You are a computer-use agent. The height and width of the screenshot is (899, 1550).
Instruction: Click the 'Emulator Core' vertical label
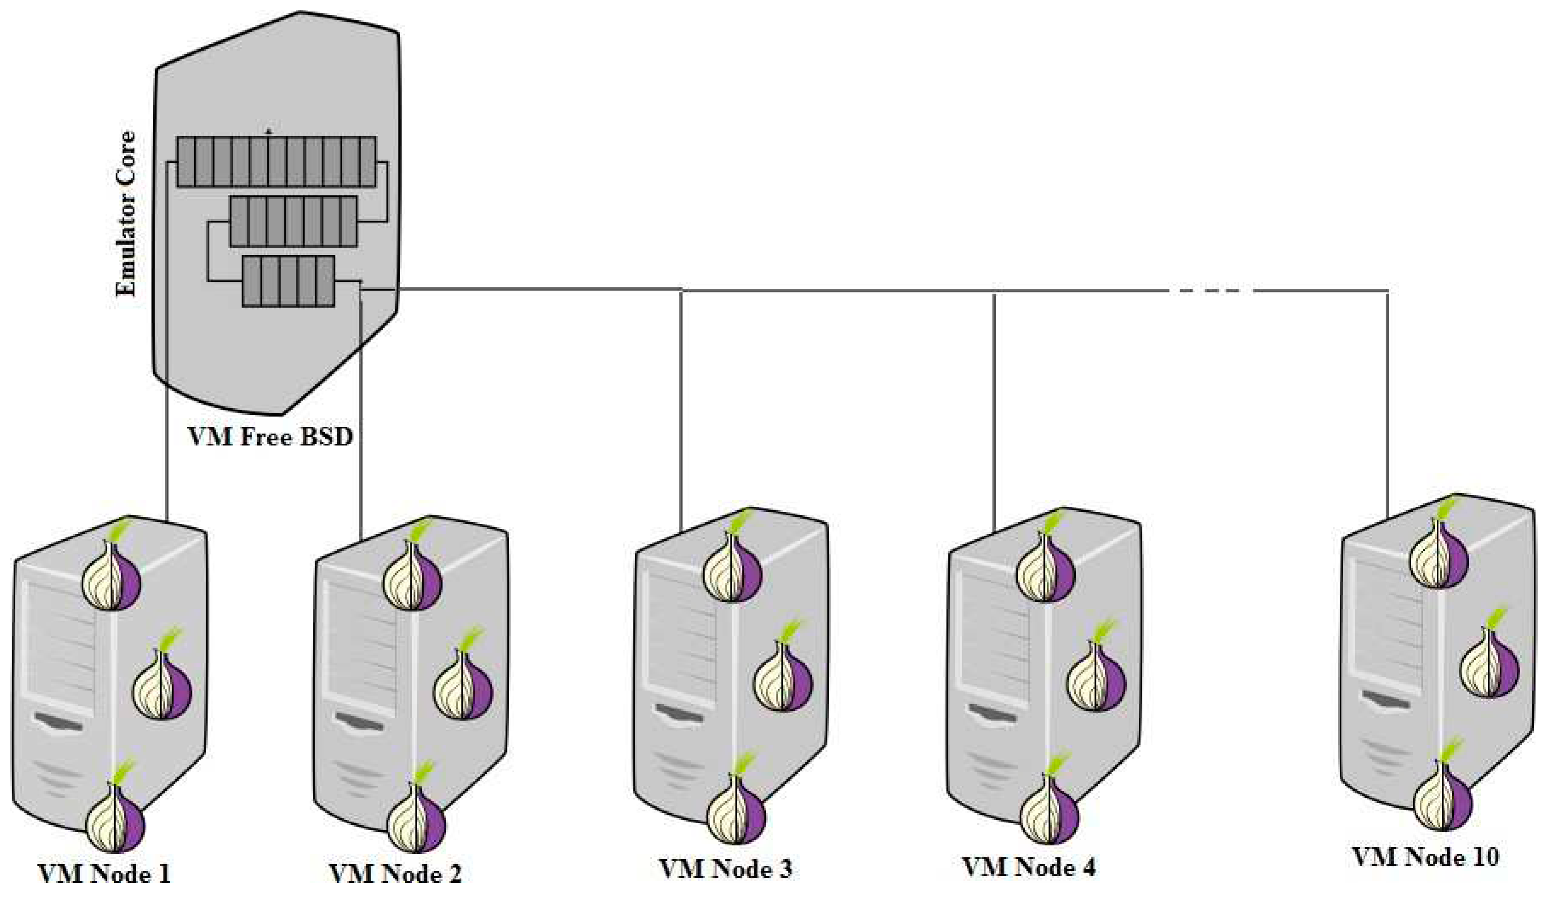tap(126, 214)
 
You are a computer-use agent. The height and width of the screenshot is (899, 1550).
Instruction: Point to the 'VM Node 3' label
tap(726, 869)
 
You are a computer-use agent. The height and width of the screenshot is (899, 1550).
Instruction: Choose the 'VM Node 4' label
tap(1029, 867)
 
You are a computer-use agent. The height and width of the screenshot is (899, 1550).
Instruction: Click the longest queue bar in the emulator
tap(276, 162)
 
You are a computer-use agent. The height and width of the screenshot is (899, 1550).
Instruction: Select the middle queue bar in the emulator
tap(293, 221)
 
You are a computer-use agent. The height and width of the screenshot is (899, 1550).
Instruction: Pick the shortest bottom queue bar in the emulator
tap(289, 281)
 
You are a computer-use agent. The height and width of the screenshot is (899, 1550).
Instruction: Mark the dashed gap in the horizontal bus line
tap(1211, 290)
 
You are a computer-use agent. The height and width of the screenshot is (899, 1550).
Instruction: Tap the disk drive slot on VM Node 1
tap(58, 721)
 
